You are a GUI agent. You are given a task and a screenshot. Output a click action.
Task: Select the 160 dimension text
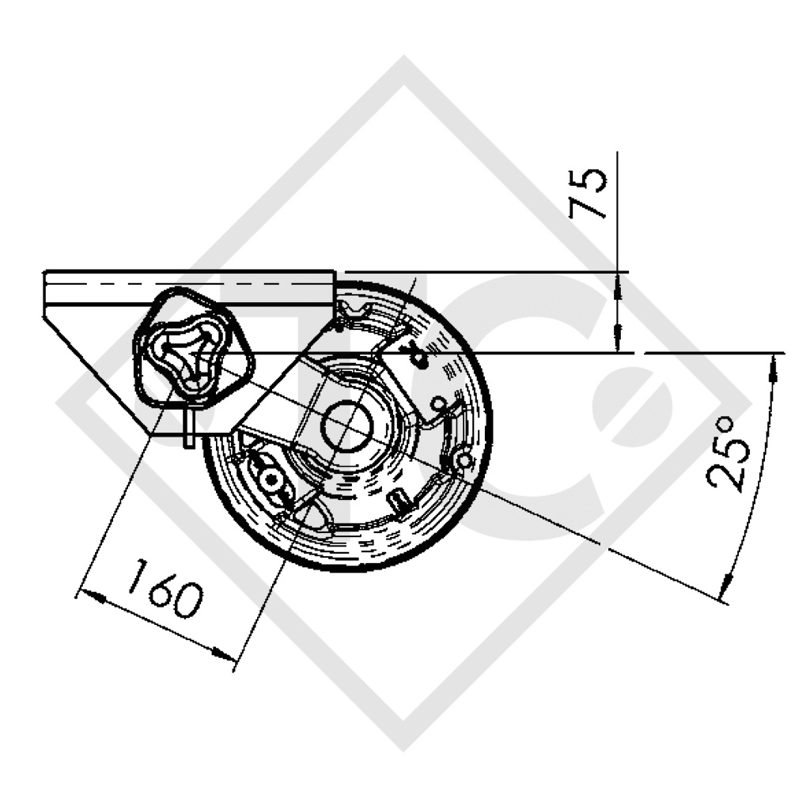pyautogui.click(x=165, y=588)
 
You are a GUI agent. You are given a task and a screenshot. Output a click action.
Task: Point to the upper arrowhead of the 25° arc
pyautogui.click(x=774, y=364)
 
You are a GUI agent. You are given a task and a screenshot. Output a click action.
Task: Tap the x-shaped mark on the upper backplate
pyautogui.click(x=414, y=358)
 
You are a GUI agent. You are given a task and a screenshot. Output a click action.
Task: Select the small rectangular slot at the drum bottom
pyautogui.click(x=401, y=500)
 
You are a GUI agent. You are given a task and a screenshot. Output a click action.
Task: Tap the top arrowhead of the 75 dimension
pyautogui.click(x=617, y=282)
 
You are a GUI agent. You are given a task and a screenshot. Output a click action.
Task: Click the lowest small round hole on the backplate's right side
pyautogui.click(x=465, y=460)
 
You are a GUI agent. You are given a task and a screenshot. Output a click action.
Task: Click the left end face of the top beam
pyautogui.click(x=44, y=293)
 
